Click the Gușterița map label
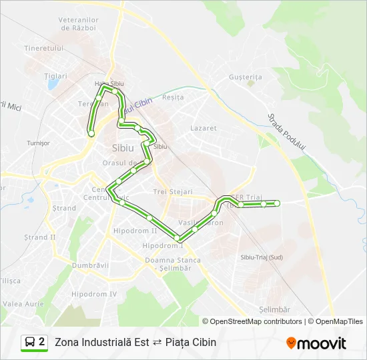246,77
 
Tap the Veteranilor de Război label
79,24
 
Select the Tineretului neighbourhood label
43,49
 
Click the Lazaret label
204,128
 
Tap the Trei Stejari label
173,192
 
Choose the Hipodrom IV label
94,294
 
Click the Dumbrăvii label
90,265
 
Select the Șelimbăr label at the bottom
274,310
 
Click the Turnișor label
38,143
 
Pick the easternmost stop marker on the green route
277,203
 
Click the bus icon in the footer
30,343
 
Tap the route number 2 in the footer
42,343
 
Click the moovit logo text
322,343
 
